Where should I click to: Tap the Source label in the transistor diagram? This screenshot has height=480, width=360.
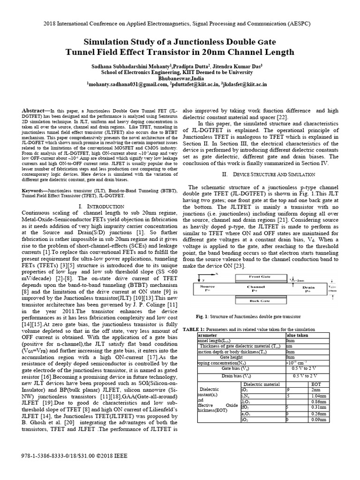[x=208, y=286]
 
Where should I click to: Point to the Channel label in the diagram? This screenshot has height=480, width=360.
[x=256, y=286]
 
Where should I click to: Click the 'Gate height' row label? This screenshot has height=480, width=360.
[x=230, y=357]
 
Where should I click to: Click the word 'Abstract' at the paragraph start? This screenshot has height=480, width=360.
[x=36, y=110]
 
